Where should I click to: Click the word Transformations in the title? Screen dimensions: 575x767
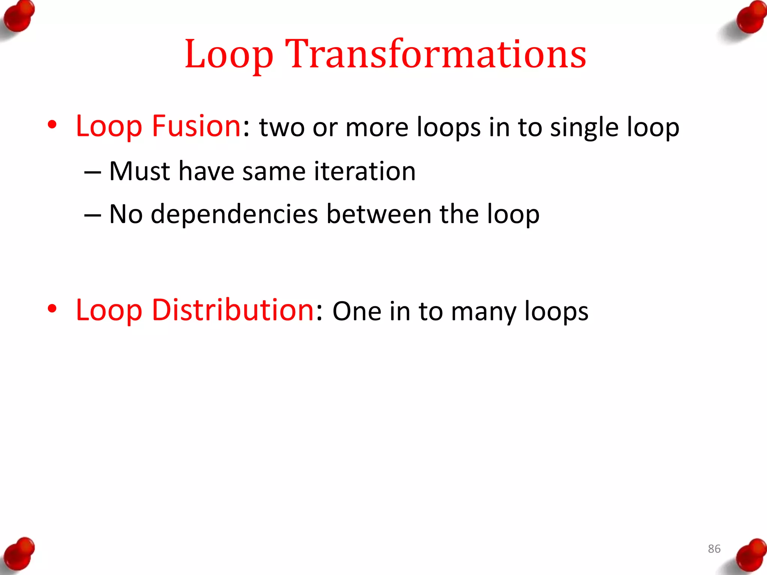pos(436,54)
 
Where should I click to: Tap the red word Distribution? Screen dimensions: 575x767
pos(233,310)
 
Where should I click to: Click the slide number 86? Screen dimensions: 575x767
pos(714,549)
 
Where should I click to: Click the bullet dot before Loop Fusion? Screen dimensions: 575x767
pos(52,125)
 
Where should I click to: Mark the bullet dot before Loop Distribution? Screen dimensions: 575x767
pos(52,309)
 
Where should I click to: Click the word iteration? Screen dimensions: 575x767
pos(364,171)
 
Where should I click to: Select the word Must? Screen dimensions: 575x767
pos(139,171)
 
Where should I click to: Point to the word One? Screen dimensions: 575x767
pos(357,311)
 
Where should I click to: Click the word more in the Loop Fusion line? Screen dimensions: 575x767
pos(377,128)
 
